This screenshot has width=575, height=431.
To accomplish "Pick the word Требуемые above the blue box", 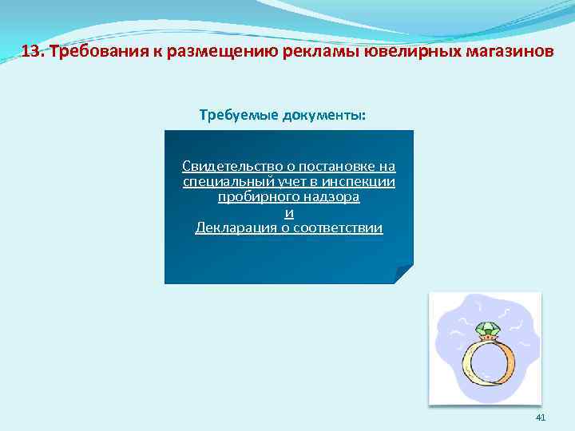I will (238, 115).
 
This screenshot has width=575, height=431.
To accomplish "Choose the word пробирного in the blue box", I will (254, 196).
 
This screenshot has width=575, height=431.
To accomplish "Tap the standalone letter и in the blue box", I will (289, 212).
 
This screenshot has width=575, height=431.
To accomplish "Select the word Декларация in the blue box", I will (232, 228).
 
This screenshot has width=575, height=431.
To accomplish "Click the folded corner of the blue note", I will (403, 275).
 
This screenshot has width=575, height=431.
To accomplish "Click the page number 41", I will (541, 417).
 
